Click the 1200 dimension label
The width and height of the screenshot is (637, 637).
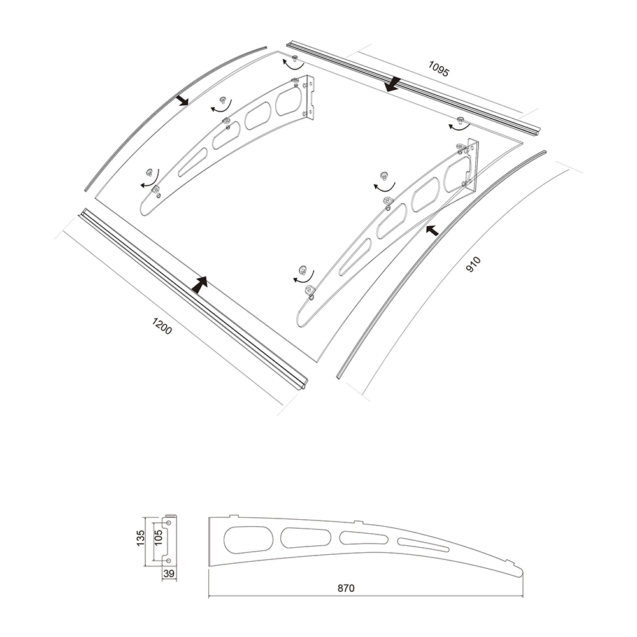pyautogui.click(x=162, y=326)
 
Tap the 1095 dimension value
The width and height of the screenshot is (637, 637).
pyautogui.click(x=439, y=69)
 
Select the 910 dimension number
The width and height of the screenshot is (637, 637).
pyautogui.click(x=473, y=264)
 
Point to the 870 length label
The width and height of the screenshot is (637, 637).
pyautogui.click(x=346, y=588)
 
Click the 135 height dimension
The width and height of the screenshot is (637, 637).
pyautogui.click(x=141, y=538)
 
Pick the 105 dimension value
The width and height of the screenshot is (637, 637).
pyautogui.click(x=159, y=537)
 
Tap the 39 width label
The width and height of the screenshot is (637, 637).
pyautogui.click(x=169, y=573)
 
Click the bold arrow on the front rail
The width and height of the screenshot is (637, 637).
pyautogui.click(x=200, y=285)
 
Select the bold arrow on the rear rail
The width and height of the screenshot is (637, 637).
pyautogui.click(x=393, y=83)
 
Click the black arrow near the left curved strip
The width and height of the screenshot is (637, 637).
pyautogui.click(x=182, y=101)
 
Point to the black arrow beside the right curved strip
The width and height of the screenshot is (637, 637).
pyautogui.click(x=433, y=230)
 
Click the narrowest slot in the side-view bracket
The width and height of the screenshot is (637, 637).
pyautogui.click(x=424, y=545)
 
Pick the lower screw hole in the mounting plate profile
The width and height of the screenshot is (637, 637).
pyautogui.click(x=168, y=561)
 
